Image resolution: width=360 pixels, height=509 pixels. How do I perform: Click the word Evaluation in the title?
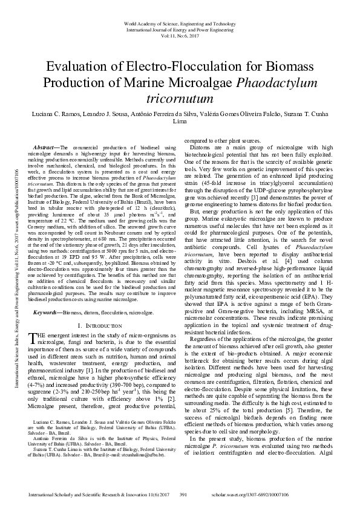77,67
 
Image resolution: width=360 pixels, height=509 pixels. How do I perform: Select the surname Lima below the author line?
180,121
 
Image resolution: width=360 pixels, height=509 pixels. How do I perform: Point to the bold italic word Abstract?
47,148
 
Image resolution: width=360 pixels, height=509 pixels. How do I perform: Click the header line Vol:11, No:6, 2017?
180,36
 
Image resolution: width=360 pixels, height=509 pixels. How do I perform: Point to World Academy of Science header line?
180,22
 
